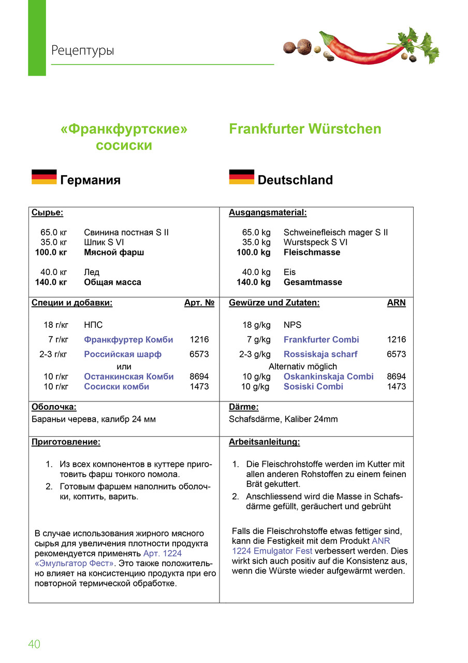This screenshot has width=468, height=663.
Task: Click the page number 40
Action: (34, 644)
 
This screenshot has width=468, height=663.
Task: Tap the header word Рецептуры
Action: (82, 51)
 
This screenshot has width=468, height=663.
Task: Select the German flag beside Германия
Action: (44, 177)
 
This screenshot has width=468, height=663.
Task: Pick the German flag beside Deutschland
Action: (241, 177)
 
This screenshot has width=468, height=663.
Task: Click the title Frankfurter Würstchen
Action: (305, 129)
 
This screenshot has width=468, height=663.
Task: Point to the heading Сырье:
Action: (47, 212)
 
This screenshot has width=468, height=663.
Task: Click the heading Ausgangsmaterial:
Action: (268, 212)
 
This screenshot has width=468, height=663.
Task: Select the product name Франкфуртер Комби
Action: (128, 340)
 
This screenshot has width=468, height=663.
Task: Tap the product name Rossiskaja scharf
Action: (320, 354)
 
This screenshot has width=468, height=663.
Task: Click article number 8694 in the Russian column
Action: (199, 377)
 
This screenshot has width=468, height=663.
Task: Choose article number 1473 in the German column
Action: (397, 386)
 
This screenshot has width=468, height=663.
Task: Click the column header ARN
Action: (397, 303)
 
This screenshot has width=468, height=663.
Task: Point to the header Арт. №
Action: (199, 303)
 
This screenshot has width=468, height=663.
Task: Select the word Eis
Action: (289, 272)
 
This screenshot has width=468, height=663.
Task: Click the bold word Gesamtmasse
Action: (313, 282)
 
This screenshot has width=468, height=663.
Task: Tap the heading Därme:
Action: (243, 407)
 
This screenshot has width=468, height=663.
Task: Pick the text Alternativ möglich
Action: (302, 366)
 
